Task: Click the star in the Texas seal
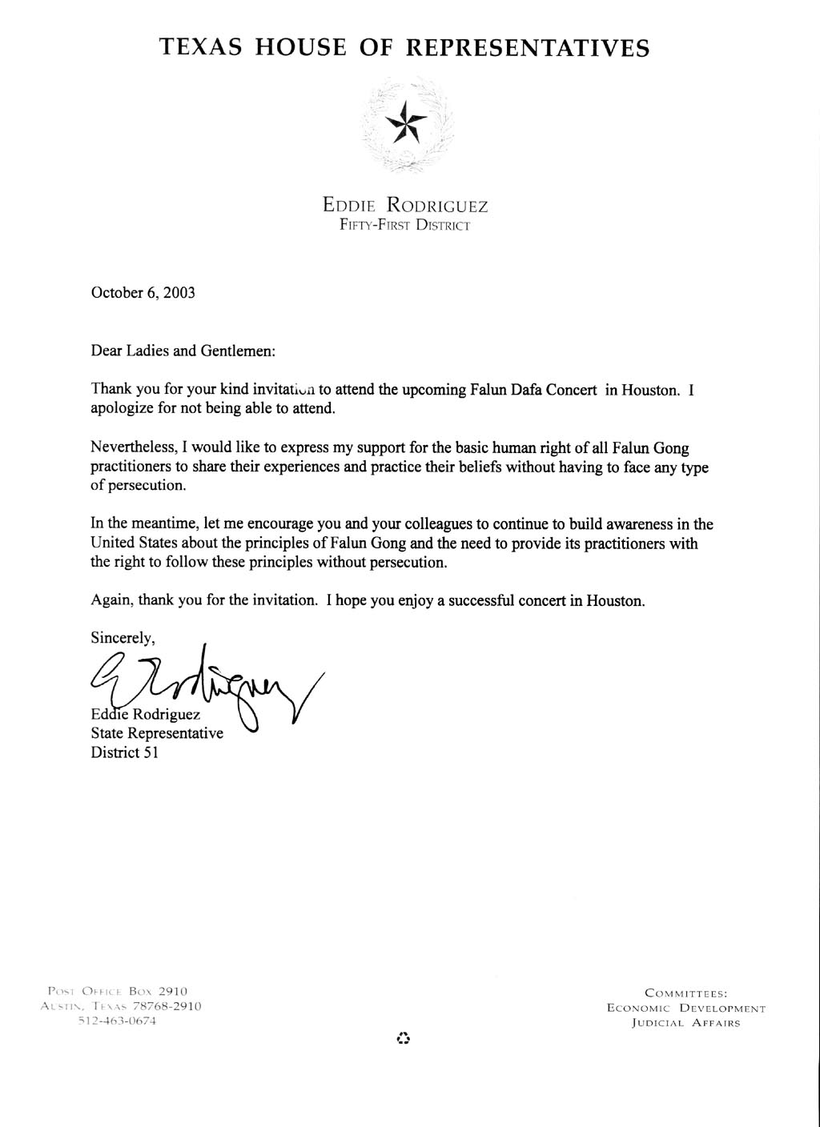pyautogui.click(x=406, y=122)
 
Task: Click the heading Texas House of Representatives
pyautogui.click(x=404, y=47)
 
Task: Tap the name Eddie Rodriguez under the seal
pyautogui.click(x=405, y=206)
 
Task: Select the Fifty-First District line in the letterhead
pyautogui.click(x=405, y=226)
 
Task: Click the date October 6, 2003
pyautogui.click(x=143, y=292)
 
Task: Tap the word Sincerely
pyautogui.click(x=122, y=638)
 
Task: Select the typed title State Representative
pyautogui.click(x=157, y=733)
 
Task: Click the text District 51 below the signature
pyautogui.click(x=124, y=752)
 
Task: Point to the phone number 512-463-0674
pyautogui.click(x=117, y=1021)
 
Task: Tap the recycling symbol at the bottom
pyautogui.click(x=404, y=1039)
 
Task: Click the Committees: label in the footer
pyautogui.click(x=685, y=993)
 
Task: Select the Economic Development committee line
pyautogui.click(x=685, y=1009)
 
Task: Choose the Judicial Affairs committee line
pyautogui.click(x=685, y=1023)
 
